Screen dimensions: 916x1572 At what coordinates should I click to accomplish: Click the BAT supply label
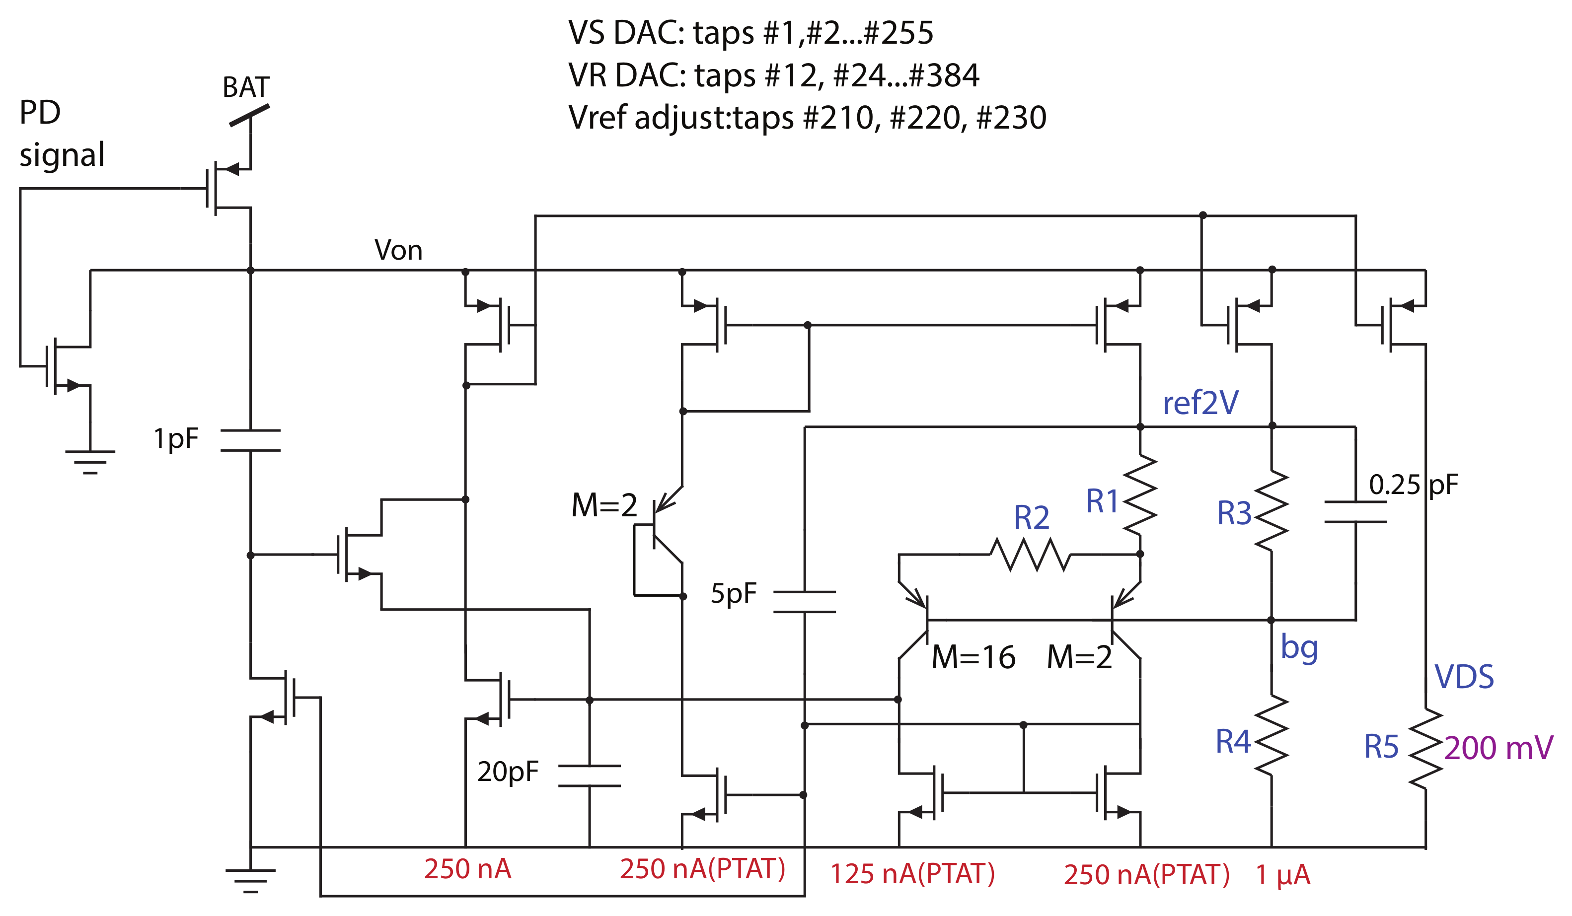pos(246,87)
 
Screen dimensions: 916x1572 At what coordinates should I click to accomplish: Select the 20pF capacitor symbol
pos(589,775)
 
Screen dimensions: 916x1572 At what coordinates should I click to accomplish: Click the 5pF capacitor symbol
pos(804,602)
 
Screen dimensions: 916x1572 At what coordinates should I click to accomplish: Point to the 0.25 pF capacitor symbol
pos(1355,511)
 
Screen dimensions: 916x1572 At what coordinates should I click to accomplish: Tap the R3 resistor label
pos(1234,514)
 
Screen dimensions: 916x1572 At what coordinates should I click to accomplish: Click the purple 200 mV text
pos(1498,748)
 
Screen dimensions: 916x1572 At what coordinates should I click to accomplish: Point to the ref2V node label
pos(1200,403)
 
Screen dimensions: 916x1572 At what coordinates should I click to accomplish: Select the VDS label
pos(1463,677)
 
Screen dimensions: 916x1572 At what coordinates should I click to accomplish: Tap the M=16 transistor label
pos(973,658)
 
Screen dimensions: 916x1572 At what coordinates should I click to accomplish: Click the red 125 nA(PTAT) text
pos(912,874)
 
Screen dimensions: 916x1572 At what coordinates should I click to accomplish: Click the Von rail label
pos(398,250)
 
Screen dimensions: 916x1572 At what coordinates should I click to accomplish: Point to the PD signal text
pos(61,134)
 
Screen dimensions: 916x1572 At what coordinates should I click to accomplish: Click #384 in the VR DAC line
pos(944,75)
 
